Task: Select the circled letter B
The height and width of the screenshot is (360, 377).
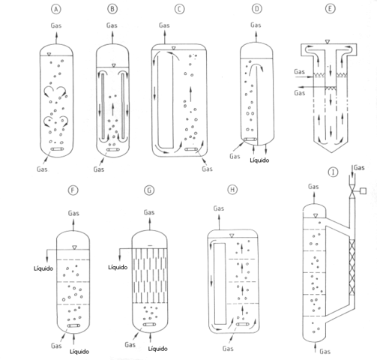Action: (x=112, y=10)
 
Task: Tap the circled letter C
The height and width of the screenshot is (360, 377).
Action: (x=179, y=10)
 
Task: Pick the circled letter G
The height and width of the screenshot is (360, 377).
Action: (x=150, y=190)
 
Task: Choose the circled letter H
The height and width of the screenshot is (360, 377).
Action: (x=233, y=190)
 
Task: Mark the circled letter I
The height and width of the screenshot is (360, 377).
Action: (x=331, y=172)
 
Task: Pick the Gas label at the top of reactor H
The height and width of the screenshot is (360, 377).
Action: (x=218, y=208)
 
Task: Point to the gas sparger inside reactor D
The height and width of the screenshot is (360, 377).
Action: (x=251, y=139)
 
